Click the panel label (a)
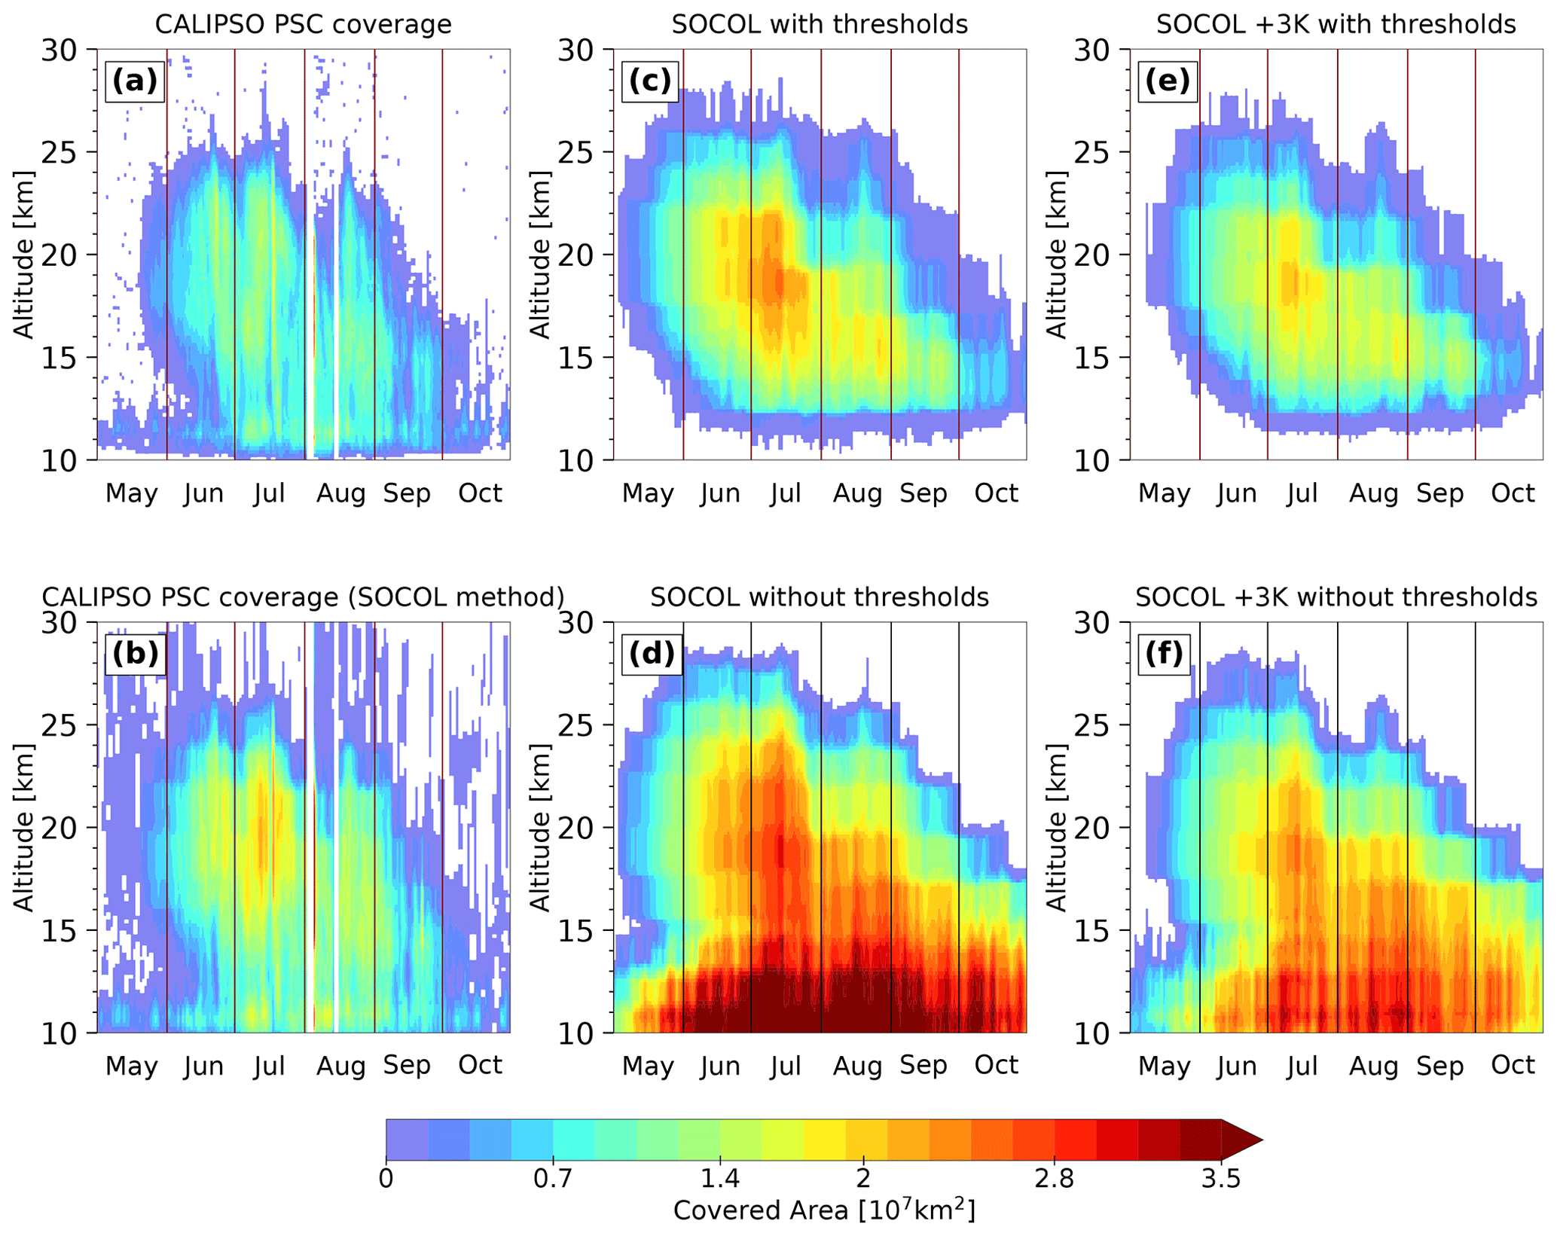tap(135, 81)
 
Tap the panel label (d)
tap(652, 653)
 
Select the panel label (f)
tap(1165, 653)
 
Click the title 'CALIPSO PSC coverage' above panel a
tap(303, 25)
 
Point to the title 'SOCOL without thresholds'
tap(820, 597)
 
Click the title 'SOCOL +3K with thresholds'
tap(1336, 25)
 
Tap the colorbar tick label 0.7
tap(554, 1178)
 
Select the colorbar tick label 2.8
tap(1055, 1178)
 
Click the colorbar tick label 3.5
tap(1221, 1178)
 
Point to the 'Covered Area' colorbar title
tap(824, 1210)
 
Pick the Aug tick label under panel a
tap(340, 493)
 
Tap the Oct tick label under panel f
tap(1513, 1065)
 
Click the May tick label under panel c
tap(648, 493)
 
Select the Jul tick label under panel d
tap(786, 1066)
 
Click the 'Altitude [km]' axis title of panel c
tap(541, 255)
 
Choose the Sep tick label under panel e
tap(1439, 493)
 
